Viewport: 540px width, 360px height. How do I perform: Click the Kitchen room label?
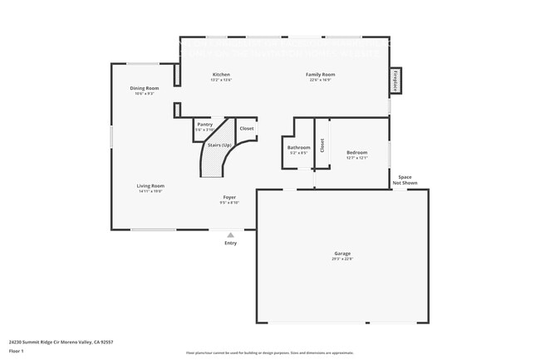point(221,75)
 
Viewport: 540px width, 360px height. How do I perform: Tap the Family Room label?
point(322,75)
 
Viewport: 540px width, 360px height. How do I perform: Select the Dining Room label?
point(144,88)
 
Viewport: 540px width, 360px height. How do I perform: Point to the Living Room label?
point(151,185)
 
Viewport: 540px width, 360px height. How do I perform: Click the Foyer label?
point(229,197)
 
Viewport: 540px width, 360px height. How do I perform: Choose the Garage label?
point(342,254)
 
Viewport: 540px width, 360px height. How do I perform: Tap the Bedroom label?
point(356,152)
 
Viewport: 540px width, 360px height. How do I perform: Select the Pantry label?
point(204,125)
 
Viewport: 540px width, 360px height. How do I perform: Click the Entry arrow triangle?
point(230,235)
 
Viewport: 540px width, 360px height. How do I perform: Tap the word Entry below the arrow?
point(230,243)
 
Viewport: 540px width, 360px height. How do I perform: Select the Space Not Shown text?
point(405,180)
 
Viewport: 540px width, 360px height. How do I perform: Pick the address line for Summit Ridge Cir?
point(61,342)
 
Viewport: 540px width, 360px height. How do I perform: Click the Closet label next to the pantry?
point(247,129)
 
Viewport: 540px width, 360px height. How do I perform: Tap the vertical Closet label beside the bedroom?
point(322,145)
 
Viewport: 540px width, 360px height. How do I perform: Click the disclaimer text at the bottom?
point(269,354)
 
